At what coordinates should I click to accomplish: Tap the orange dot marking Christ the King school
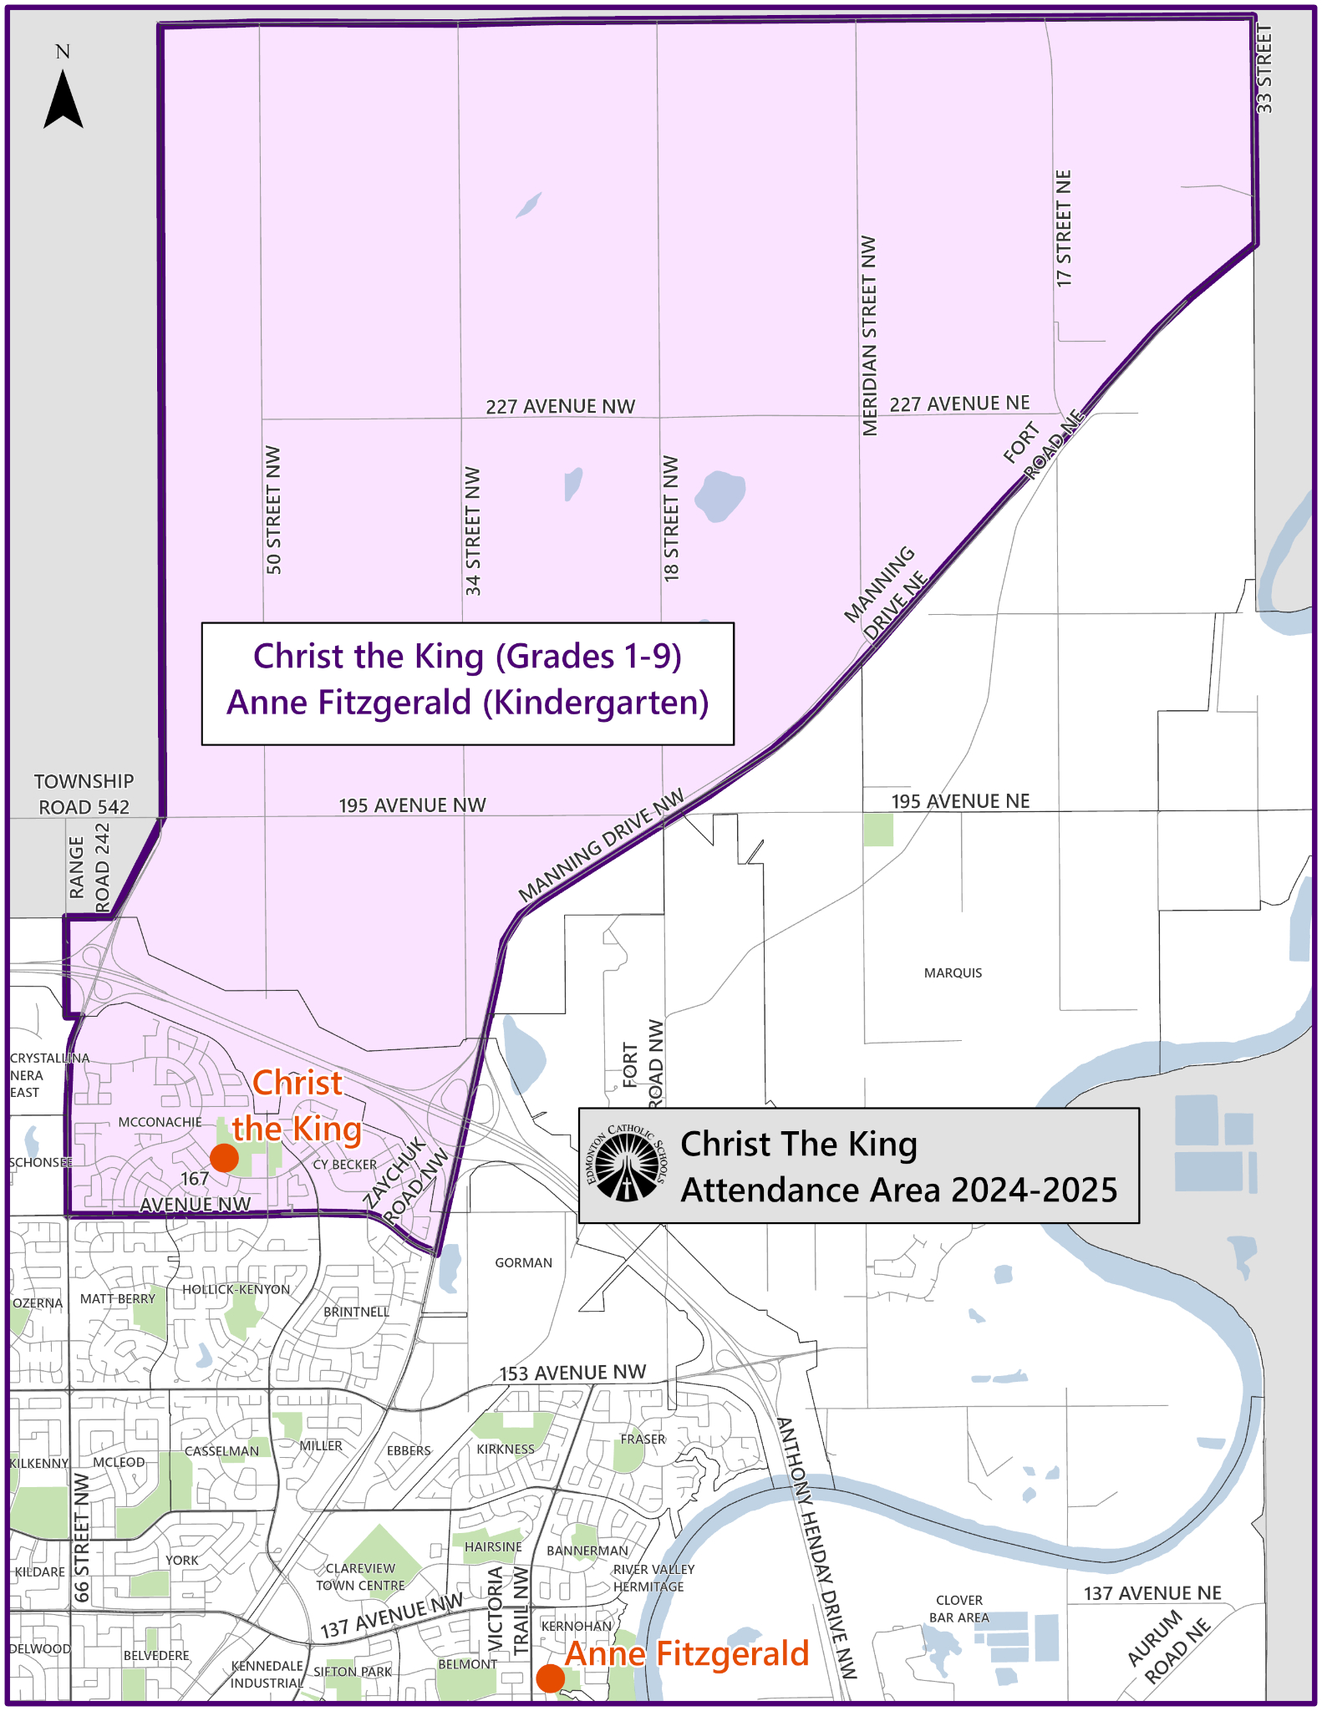(224, 1158)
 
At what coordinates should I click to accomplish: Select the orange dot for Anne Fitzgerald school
(550, 1678)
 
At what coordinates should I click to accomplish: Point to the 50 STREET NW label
(274, 510)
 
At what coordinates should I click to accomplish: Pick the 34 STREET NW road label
(473, 531)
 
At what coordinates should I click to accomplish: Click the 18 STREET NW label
(671, 518)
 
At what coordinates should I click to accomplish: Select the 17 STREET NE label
(1064, 229)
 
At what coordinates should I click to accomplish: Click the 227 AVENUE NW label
(561, 407)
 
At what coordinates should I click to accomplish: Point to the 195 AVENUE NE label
(960, 801)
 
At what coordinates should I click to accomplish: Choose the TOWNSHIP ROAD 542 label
(84, 795)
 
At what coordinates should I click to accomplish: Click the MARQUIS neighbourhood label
(953, 972)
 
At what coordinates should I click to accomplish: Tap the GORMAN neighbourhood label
(523, 1262)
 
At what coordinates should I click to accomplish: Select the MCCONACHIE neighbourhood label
(160, 1122)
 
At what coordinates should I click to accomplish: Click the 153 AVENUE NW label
(572, 1373)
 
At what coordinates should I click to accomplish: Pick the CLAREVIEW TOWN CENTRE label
(360, 1576)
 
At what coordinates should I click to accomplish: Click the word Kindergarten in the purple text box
(596, 703)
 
